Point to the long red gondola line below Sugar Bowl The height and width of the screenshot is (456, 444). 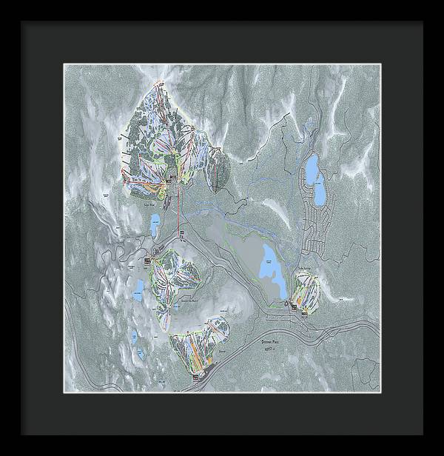(x=178, y=215)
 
